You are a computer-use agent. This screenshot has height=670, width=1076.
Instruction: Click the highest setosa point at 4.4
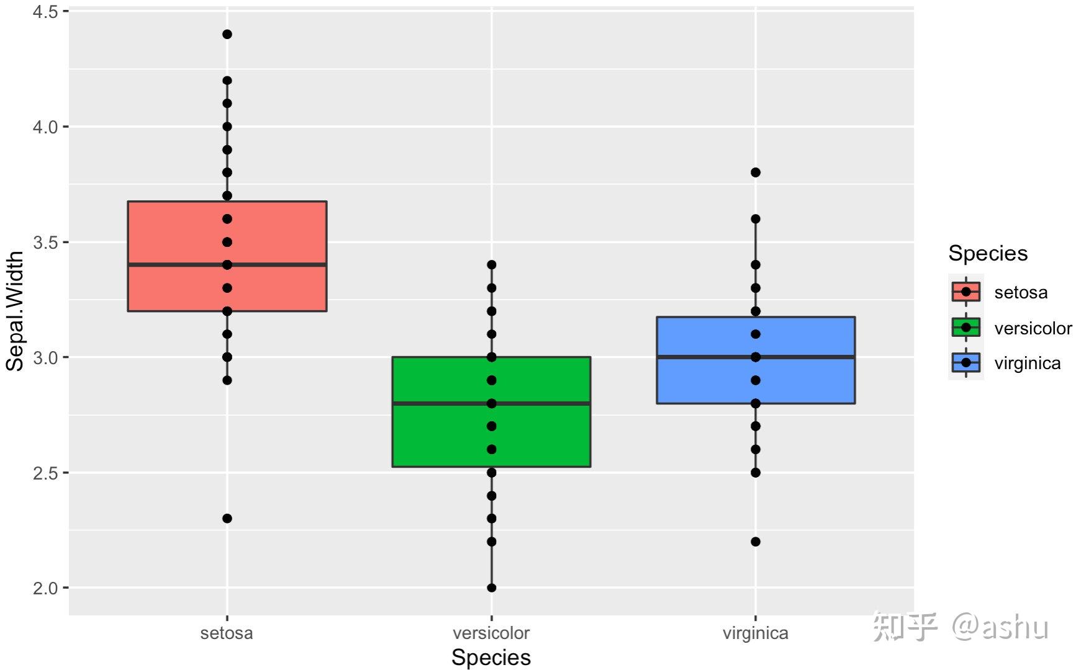(x=227, y=34)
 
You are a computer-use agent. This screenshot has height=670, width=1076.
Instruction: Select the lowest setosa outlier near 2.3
(x=227, y=519)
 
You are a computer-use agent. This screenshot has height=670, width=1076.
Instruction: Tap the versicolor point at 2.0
(x=492, y=587)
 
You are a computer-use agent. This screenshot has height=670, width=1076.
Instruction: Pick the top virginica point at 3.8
(x=756, y=172)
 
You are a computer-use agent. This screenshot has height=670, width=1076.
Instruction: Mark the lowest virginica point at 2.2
(x=756, y=542)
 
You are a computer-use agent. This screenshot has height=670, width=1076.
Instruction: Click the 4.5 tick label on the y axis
(x=45, y=12)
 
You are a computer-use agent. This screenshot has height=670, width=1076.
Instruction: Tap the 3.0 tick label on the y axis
(x=45, y=358)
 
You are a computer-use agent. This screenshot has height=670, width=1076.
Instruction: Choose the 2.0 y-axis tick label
(x=45, y=588)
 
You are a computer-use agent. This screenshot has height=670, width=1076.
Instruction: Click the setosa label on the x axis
(x=227, y=633)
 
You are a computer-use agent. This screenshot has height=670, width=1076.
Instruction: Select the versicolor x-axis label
(x=491, y=633)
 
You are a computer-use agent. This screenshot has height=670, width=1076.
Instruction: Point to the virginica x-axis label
(x=756, y=633)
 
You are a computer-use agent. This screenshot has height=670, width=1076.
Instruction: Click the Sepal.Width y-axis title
(x=15, y=311)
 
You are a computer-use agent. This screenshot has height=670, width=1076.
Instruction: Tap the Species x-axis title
(x=491, y=658)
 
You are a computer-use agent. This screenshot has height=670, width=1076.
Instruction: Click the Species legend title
(x=988, y=253)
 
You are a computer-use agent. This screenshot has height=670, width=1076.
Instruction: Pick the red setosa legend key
(x=965, y=292)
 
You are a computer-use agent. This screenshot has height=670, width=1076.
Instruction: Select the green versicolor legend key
(x=965, y=327)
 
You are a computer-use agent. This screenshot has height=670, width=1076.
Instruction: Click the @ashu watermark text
(x=1000, y=627)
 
